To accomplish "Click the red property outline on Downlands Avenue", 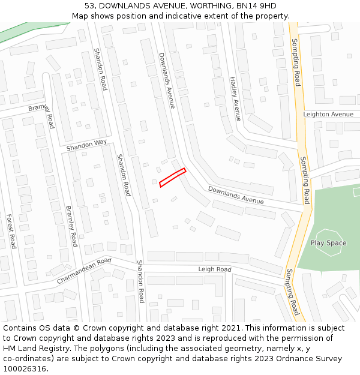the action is click(173, 178).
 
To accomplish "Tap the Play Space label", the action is click(328, 243).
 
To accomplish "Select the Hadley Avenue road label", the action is click(235, 99).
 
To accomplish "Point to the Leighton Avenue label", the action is click(328, 114).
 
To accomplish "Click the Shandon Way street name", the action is click(86, 145).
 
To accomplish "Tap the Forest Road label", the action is click(11, 231).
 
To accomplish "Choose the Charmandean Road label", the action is click(84, 272).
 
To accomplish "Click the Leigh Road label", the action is click(214, 269).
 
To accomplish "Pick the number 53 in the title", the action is click(90, 5).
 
